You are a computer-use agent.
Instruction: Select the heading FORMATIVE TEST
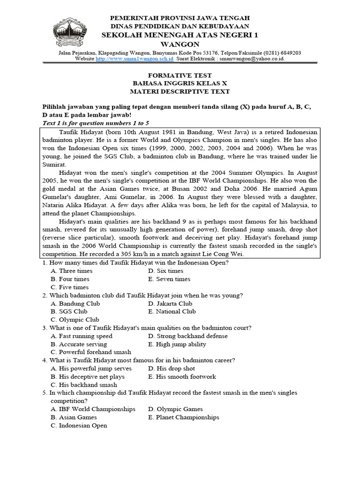click(180, 75)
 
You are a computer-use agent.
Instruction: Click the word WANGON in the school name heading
click(180, 44)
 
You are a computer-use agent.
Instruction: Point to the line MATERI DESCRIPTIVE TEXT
click(180, 91)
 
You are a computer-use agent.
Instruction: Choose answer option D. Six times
click(165, 271)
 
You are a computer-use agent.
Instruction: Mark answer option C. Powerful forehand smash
click(91, 352)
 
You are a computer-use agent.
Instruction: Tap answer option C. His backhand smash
click(84, 385)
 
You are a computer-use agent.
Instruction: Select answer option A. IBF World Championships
click(93, 409)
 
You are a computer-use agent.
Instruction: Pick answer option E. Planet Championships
click(183, 417)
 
